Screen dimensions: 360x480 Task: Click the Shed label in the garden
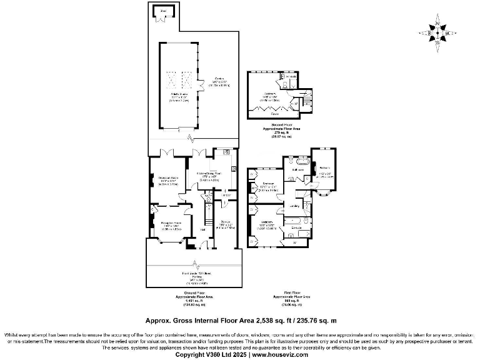click(164, 11)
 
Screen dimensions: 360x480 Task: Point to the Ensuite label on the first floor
click(297, 228)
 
